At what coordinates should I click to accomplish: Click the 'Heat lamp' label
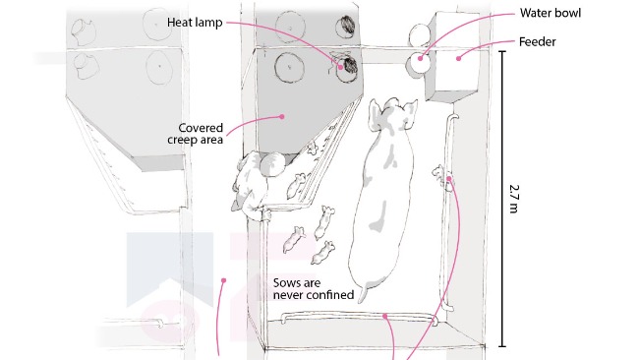click(195, 22)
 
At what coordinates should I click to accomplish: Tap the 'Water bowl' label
click(551, 13)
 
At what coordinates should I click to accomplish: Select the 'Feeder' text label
click(537, 42)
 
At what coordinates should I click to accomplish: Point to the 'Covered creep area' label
click(196, 134)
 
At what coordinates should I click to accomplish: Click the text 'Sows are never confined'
click(314, 288)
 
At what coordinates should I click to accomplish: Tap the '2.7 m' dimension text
click(514, 199)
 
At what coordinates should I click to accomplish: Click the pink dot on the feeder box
click(458, 58)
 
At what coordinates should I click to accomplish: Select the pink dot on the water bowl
click(421, 58)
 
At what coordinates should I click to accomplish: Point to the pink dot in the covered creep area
click(281, 117)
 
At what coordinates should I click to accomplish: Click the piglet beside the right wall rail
click(438, 173)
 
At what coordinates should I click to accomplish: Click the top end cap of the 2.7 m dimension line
click(502, 52)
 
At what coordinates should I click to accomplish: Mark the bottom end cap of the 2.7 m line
click(502, 346)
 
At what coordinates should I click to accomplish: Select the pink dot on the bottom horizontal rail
click(384, 316)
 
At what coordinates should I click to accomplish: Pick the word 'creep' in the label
click(181, 140)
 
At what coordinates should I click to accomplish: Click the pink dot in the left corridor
click(224, 280)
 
